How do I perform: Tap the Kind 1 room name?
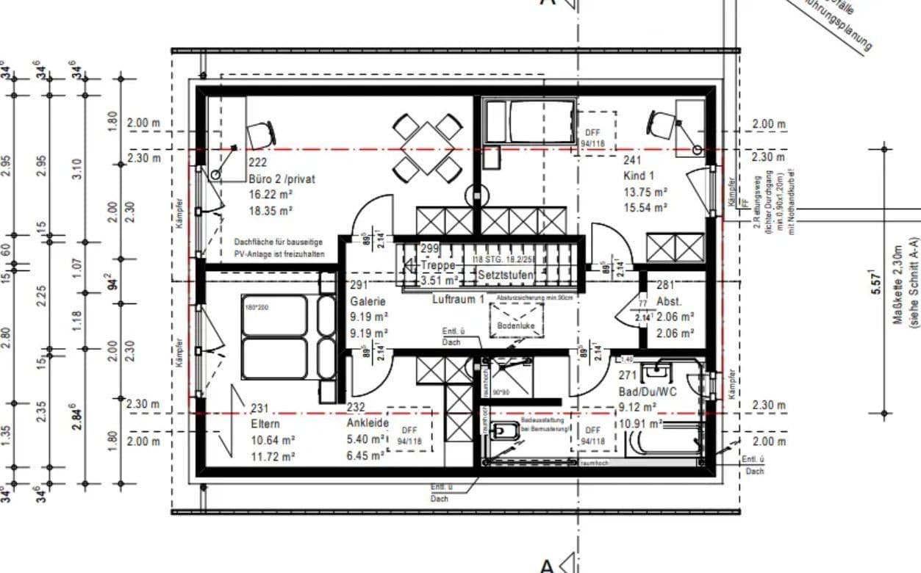[x=638, y=176]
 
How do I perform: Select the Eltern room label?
[x=265, y=424]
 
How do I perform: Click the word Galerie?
[x=367, y=301]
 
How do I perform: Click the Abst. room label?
[x=669, y=301]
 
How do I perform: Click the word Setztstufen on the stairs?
[x=506, y=275]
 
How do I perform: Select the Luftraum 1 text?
[x=458, y=299]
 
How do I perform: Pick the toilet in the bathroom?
[x=506, y=433]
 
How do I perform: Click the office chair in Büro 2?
[x=260, y=134]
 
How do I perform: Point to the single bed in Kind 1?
[x=529, y=122]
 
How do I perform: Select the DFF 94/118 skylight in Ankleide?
[x=409, y=436]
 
